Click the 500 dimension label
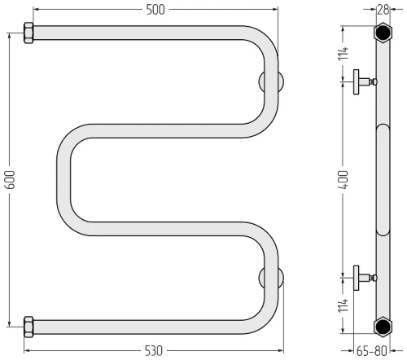[x=155, y=10]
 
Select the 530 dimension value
[x=154, y=351]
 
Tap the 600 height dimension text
[x=11, y=179]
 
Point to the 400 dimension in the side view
[x=344, y=179]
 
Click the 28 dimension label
[x=383, y=10]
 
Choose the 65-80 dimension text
[x=371, y=351]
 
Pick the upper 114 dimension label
[x=344, y=54]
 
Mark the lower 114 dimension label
[x=344, y=305]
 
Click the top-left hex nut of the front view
[x=28, y=33]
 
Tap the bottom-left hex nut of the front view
[x=28, y=327]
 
